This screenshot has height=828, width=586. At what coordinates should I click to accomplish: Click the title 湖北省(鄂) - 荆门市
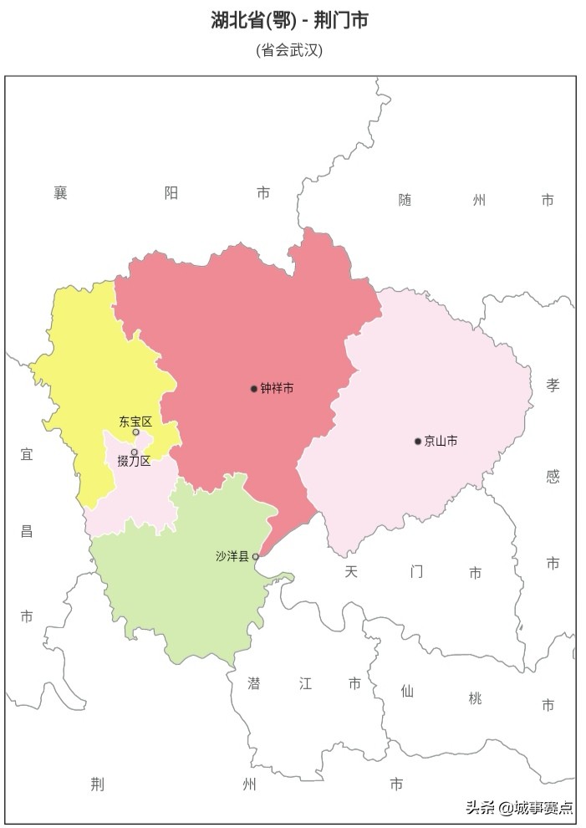pos(289,20)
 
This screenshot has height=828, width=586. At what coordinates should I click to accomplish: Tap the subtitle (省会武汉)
pos(289,50)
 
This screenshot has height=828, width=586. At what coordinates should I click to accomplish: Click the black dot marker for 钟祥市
pos(254,389)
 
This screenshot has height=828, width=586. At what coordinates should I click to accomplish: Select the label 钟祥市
pos(277,389)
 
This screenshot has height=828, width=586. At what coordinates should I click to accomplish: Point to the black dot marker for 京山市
pos(418,442)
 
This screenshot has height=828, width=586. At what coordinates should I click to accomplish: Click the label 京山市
pos(441,442)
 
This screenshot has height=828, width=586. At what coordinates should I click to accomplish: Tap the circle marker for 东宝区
pos(136,432)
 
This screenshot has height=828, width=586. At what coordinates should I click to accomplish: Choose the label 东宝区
pos(135,422)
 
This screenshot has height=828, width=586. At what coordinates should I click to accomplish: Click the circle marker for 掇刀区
pos(134,452)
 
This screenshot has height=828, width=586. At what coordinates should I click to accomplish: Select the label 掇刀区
pos(134,461)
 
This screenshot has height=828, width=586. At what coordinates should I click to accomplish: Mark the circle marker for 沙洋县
pos(256,556)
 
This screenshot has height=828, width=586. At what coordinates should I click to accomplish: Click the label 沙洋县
pos(232,556)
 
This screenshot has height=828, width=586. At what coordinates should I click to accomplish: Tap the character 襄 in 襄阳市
pos(60,193)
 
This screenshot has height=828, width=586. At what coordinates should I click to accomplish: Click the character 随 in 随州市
pos(405,200)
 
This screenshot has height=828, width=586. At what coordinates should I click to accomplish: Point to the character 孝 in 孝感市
pos(553,385)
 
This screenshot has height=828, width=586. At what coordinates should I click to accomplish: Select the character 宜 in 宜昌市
pos(27,454)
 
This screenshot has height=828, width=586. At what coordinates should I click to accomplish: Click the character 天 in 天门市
pos(351,572)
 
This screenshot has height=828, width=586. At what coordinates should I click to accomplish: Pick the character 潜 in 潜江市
pos(254,683)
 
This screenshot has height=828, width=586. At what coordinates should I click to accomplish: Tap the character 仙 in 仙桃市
pos(407,691)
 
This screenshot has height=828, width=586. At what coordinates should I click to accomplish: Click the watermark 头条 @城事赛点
pos(520,807)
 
